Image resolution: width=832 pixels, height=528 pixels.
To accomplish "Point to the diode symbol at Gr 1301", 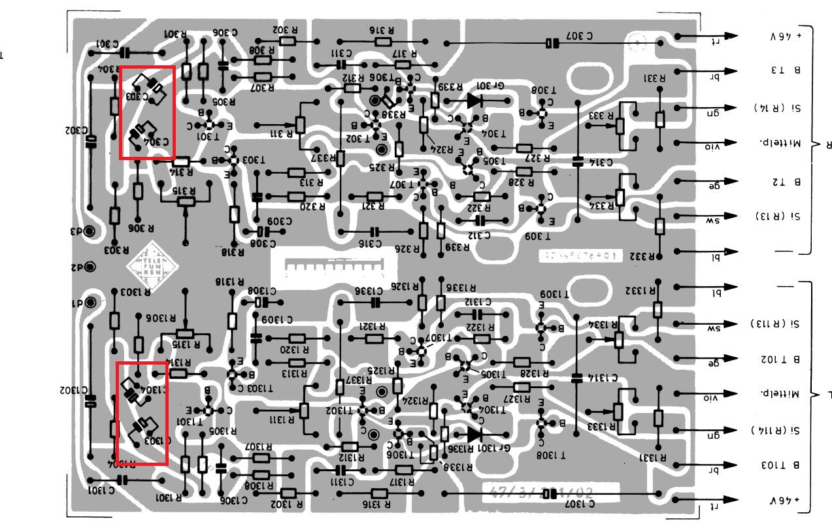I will tap(473, 434).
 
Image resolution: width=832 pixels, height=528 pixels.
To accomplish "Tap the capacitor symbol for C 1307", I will tap(553, 493).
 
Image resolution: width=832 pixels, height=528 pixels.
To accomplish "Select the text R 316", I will tap(381, 29).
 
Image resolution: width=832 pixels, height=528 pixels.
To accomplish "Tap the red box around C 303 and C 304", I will tap(148, 112).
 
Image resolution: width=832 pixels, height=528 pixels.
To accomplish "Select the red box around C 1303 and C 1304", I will tap(142, 413).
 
